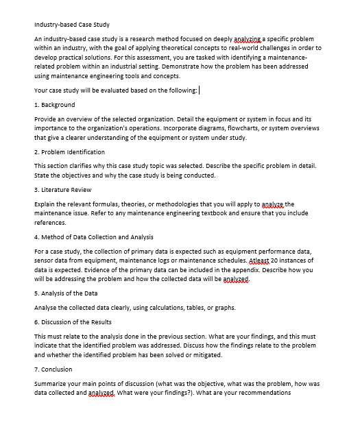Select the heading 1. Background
55,104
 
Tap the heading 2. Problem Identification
69,151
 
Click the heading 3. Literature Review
62,189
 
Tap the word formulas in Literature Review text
103,204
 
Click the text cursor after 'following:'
199,90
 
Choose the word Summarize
52,383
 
